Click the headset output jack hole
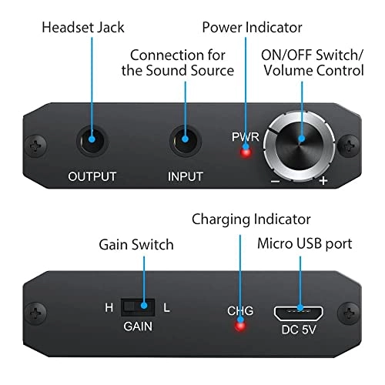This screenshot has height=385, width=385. (x=92, y=141)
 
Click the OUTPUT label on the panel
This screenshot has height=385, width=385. (x=92, y=176)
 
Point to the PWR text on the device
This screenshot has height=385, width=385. (x=244, y=137)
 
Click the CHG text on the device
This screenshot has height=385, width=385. (x=239, y=311)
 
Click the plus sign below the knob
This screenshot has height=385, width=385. (x=324, y=182)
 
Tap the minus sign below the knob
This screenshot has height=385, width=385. (x=275, y=182)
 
